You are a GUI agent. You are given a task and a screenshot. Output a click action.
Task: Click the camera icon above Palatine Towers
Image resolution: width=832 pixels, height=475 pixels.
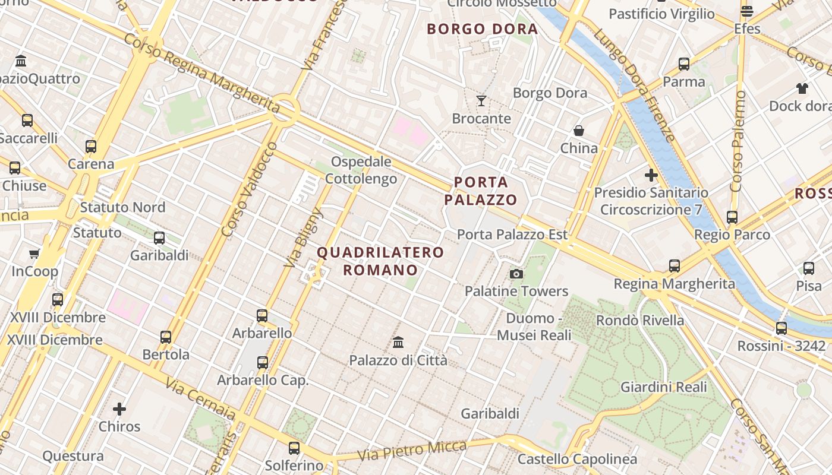[x=516, y=274]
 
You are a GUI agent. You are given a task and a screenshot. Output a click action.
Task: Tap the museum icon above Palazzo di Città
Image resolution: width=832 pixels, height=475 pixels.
[x=398, y=342]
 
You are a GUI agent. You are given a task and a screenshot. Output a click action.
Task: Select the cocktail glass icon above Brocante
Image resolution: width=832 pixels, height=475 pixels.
[x=481, y=101]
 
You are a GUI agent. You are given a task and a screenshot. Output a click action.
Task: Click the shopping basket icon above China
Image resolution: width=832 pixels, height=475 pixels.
[x=579, y=130]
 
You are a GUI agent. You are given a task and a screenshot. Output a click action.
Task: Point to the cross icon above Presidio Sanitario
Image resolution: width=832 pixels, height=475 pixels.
[x=651, y=175]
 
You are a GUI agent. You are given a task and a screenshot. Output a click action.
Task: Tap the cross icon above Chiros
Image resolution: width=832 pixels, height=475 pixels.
[x=119, y=409]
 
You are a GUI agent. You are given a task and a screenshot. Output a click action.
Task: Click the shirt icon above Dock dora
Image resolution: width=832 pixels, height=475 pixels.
[x=802, y=88]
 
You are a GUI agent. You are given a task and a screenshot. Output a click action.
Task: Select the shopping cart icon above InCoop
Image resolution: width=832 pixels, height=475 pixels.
[x=34, y=254]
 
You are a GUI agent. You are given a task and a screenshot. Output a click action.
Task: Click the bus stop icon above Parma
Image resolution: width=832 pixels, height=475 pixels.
[x=684, y=64]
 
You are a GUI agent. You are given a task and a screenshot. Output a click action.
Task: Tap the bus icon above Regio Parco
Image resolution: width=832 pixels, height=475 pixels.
[x=732, y=217]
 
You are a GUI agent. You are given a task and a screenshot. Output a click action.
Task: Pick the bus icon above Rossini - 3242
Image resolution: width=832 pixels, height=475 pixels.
[x=781, y=328]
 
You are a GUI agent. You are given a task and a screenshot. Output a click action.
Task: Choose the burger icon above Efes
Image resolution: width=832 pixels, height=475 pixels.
[x=747, y=11]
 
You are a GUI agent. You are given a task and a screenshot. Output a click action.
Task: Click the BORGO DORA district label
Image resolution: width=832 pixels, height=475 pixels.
[x=482, y=29]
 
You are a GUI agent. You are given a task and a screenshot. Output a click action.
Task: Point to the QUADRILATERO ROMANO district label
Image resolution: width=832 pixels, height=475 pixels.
[x=380, y=261]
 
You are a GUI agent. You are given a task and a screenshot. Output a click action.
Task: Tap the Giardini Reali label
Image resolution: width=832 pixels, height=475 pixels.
[x=664, y=387]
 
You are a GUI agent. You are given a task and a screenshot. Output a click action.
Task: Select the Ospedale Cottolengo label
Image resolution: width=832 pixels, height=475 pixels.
[x=361, y=170]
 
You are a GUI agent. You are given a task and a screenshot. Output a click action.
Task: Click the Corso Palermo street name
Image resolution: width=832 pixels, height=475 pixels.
[x=738, y=141]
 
